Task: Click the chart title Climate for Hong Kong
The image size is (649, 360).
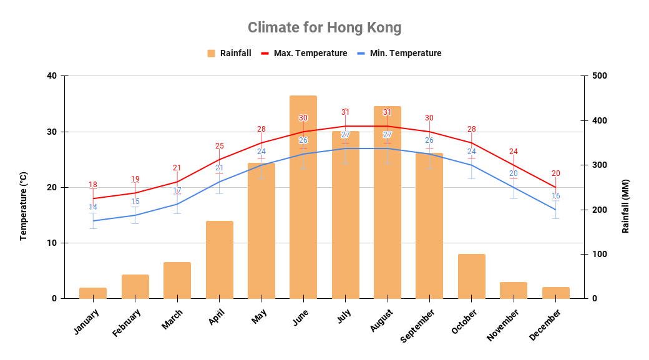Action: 324,27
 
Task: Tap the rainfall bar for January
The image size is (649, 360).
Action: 93,293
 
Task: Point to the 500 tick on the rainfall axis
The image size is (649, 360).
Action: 600,76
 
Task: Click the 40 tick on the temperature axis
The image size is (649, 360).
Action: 51,76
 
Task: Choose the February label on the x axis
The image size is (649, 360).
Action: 127,323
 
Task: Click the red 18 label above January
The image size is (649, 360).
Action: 93,185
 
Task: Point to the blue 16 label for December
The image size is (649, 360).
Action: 555,196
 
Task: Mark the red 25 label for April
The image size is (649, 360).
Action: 219,146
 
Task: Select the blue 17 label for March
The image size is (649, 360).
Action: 177,190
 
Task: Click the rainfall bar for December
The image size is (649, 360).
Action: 555,293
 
